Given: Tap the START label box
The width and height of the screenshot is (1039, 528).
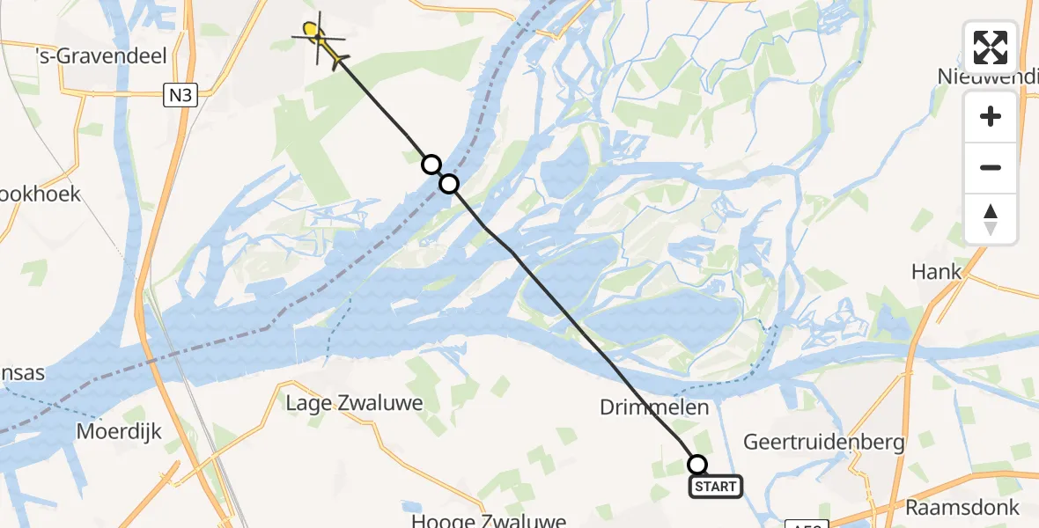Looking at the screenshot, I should pos(715,487).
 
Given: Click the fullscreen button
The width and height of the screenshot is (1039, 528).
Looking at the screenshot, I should pos(991,48).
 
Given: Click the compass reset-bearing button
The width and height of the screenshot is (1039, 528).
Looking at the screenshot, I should pos(991,219).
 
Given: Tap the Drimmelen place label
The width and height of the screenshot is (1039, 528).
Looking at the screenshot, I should pos(654,407).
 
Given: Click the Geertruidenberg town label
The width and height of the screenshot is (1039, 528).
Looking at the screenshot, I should pos(824,442).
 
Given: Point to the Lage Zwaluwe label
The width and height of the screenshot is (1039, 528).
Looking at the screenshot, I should pos(355,404).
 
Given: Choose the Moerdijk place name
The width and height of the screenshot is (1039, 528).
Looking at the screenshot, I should pos(121,432).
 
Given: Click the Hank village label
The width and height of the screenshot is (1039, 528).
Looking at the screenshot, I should pos(936,272).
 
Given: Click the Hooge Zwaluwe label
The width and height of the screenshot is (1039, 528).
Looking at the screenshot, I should pos(488,520).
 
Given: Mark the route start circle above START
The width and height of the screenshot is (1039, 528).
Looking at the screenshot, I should pos(697,465).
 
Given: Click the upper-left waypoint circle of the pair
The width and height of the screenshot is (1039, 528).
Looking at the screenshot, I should pos(431,165).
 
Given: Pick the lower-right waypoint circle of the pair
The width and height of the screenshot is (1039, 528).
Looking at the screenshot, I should pos(449,184).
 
